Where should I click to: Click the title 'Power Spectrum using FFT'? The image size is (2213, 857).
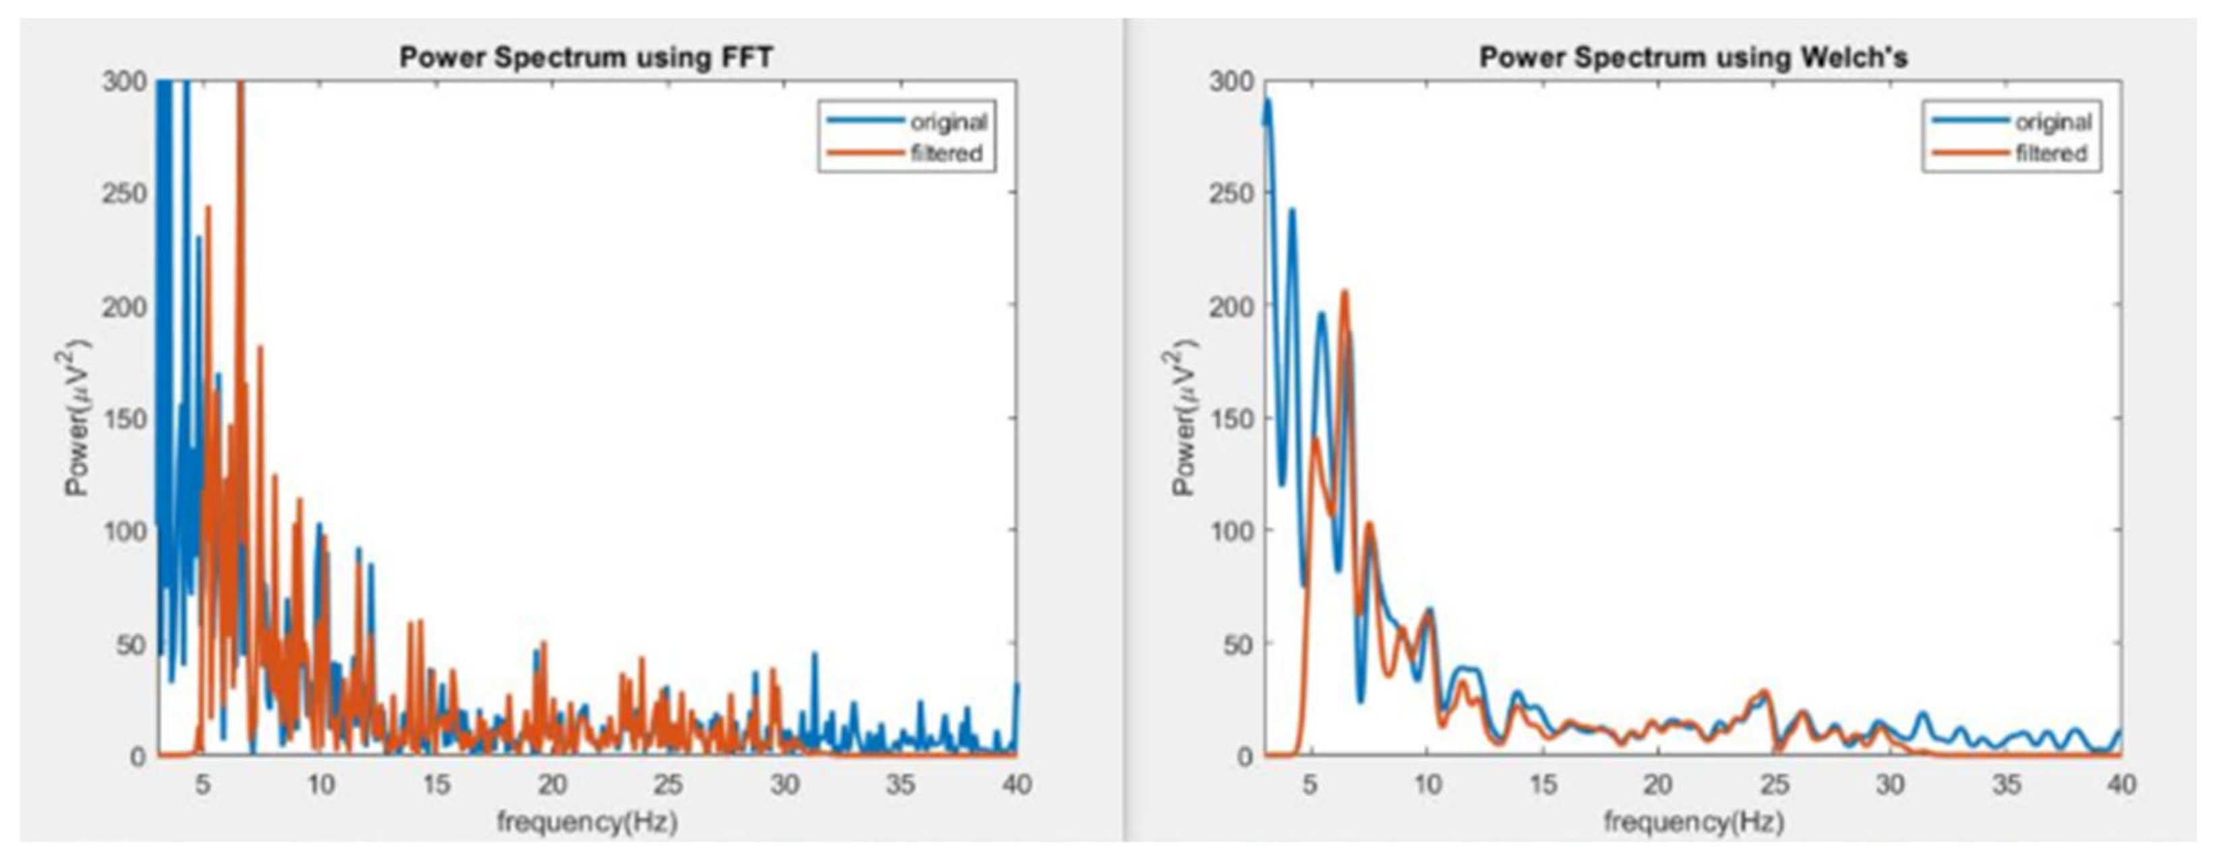[586, 57]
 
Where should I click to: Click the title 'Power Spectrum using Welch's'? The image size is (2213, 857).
[1692, 57]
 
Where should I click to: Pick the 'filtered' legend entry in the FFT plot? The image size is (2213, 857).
[946, 153]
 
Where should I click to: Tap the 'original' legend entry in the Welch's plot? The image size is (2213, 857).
[2053, 122]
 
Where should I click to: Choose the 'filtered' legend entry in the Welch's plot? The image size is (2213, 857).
[2050, 153]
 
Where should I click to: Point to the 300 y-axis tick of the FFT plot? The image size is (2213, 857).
[125, 82]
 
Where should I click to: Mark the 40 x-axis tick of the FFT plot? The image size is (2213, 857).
[1016, 784]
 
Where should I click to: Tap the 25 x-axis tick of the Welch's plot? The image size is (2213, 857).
[1774, 784]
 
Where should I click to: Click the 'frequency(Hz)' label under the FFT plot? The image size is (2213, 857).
[587, 822]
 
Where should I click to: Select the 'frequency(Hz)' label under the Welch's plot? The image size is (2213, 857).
[1693, 822]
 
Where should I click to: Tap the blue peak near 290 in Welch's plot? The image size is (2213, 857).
[1267, 101]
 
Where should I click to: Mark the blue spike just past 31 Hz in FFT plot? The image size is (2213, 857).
[815, 655]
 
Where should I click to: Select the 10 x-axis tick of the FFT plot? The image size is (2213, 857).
[320, 784]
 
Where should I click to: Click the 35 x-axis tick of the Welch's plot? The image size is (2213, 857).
[2006, 784]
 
